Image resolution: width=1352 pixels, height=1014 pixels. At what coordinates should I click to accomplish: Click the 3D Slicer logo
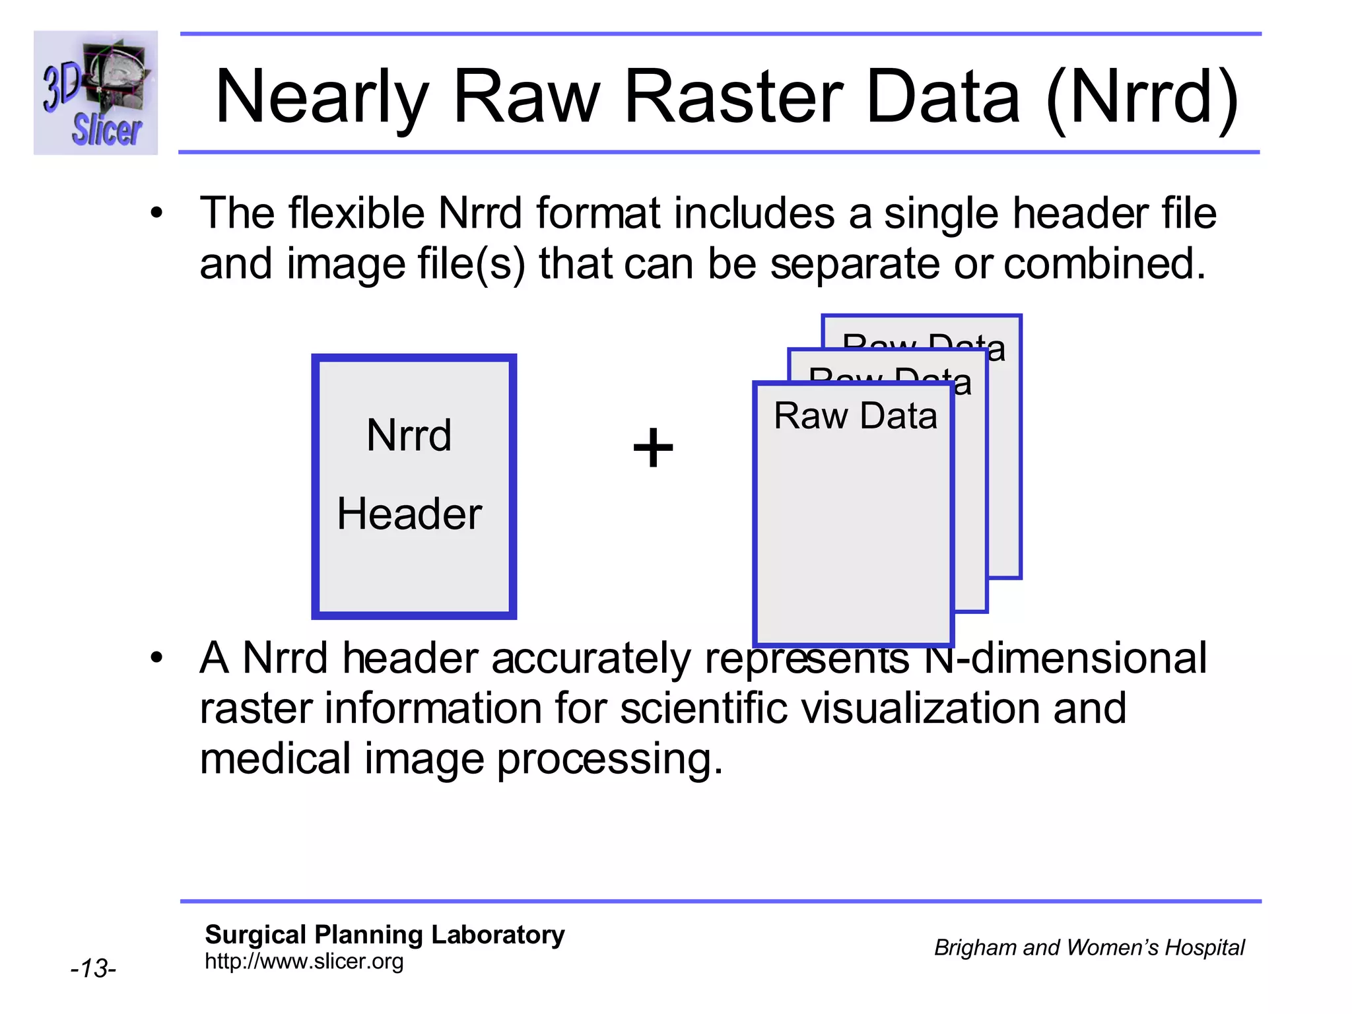click(96, 92)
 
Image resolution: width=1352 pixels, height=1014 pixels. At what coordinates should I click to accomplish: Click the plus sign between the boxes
click(653, 448)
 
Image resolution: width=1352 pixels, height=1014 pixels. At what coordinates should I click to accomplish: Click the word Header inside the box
click(409, 514)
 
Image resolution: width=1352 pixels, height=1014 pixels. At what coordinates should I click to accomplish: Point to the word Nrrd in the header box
click(409, 436)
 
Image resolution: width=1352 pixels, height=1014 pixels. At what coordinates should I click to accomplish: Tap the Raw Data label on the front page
click(855, 416)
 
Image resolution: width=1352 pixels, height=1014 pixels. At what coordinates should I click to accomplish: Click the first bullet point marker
click(156, 213)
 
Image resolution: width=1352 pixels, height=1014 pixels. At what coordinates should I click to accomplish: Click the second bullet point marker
click(156, 658)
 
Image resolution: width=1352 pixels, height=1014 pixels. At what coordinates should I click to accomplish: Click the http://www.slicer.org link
click(304, 962)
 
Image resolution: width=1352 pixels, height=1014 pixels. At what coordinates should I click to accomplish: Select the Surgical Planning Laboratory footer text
click(384, 935)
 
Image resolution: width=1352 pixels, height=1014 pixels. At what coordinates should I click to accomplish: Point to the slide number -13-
click(93, 968)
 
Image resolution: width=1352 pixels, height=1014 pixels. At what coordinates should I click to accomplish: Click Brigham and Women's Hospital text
click(1089, 947)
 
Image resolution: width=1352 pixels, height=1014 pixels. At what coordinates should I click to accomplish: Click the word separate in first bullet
click(854, 263)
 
